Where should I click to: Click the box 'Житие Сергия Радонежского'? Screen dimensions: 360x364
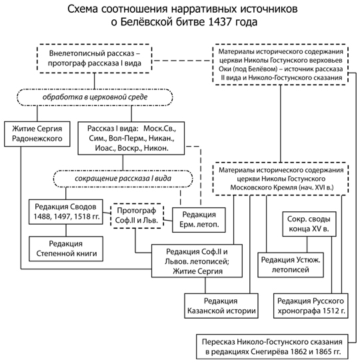37,134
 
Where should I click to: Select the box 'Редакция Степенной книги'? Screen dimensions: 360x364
66,249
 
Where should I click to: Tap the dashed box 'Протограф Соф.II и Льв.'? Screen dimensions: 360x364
137,215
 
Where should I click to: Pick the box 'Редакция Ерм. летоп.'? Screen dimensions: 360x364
199,220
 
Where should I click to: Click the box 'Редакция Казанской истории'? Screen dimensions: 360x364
221,306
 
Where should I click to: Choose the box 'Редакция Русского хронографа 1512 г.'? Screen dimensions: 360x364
311,306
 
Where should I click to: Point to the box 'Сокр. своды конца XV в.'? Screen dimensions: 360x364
309,224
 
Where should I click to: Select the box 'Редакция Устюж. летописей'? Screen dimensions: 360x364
291,265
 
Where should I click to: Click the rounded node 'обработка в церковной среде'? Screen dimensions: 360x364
95,97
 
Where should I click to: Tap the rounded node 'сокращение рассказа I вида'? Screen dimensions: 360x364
123,179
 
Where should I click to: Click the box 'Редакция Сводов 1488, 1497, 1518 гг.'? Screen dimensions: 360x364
66,212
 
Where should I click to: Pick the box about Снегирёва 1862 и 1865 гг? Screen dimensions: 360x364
272,347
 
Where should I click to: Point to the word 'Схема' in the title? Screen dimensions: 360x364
83,9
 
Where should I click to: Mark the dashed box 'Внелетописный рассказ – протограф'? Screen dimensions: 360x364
95,59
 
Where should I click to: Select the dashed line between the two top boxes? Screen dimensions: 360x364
183,61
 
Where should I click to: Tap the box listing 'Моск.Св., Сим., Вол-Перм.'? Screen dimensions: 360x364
131,138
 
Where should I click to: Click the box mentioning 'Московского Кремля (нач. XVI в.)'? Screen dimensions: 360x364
281,179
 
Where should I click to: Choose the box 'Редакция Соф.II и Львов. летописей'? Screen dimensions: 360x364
197,261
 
